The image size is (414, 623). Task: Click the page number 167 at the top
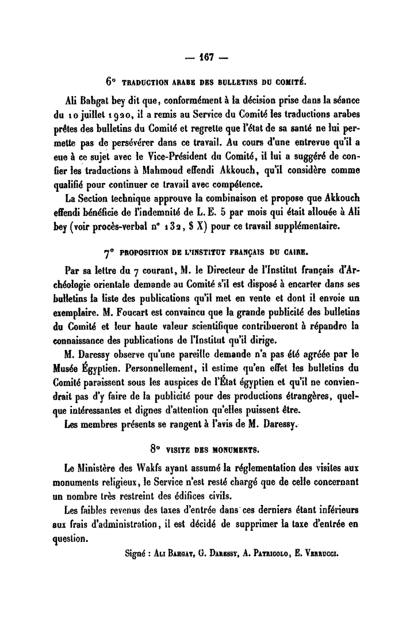207,58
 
